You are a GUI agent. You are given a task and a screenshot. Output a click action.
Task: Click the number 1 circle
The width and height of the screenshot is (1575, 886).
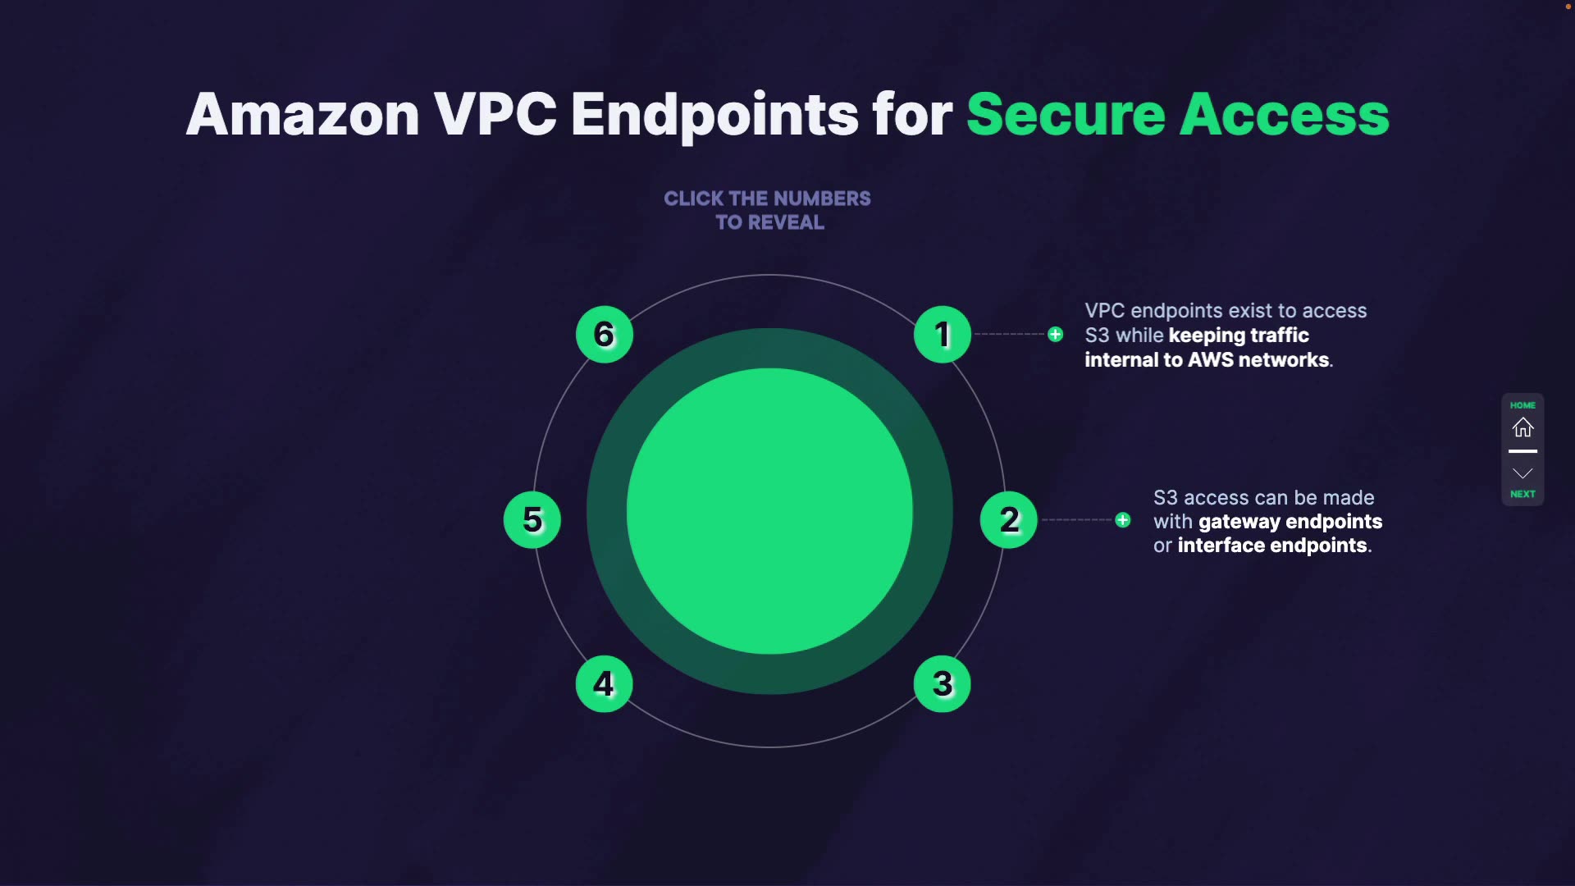pyautogui.click(x=942, y=335)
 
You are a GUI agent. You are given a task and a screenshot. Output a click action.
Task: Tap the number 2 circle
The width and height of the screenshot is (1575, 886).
pyautogui.click(x=1008, y=519)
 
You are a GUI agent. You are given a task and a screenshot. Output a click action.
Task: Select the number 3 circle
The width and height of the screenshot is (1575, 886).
pyautogui.click(x=942, y=683)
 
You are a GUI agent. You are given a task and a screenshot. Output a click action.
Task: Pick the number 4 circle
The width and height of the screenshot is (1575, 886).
pyautogui.click(x=604, y=683)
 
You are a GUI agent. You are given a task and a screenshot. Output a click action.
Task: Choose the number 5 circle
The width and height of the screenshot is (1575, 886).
pyautogui.click(x=532, y=519)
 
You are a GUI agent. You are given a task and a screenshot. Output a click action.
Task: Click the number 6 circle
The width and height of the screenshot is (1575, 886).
pyautogui.click(x=604, y=335)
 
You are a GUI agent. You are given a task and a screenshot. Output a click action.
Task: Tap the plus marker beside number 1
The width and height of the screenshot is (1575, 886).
pyautogui.click(x=1055, y=335)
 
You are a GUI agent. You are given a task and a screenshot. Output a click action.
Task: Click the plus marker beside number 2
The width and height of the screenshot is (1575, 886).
pyautogui.click(x=1122, y=520)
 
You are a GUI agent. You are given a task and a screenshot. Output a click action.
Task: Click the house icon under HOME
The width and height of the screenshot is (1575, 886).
pyautogui.click(x=1522, y=427)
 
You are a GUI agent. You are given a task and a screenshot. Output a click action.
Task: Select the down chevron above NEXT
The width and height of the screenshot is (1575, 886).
pyautogui.click(x=1522, y=473)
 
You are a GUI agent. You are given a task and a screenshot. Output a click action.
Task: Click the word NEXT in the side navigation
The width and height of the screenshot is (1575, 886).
pyautogui.click(x=1522, y=494)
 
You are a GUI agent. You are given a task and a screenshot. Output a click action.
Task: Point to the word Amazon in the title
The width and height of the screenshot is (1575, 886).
pyautogui.click(x=303, y=114)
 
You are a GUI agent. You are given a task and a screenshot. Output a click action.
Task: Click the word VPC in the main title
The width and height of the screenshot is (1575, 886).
pyautogui.click(x=495, y=114)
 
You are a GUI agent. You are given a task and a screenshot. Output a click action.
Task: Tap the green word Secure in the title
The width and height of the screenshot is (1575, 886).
pyautogui.click(x=1066, y=114)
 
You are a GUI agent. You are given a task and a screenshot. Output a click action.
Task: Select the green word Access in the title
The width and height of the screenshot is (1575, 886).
pyautogui.click(x=1284, y=114)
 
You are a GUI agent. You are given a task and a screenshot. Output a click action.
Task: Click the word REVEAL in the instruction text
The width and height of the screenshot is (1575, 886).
pyautogui.click(x=786, y=222)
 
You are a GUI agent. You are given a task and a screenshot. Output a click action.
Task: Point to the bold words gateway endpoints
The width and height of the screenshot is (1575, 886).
pyautogui.click(x=1290, y=522)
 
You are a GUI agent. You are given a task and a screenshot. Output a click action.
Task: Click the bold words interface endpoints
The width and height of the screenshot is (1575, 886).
pyautogui.click(x=1272, y=546)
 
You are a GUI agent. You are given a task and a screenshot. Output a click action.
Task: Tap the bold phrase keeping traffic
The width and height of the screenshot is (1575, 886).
pyautogui.click(x=1238, y=336)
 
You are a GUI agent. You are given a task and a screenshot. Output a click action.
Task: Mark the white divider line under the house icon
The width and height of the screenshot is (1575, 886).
pyautogui.click(x=1522, y=451)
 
